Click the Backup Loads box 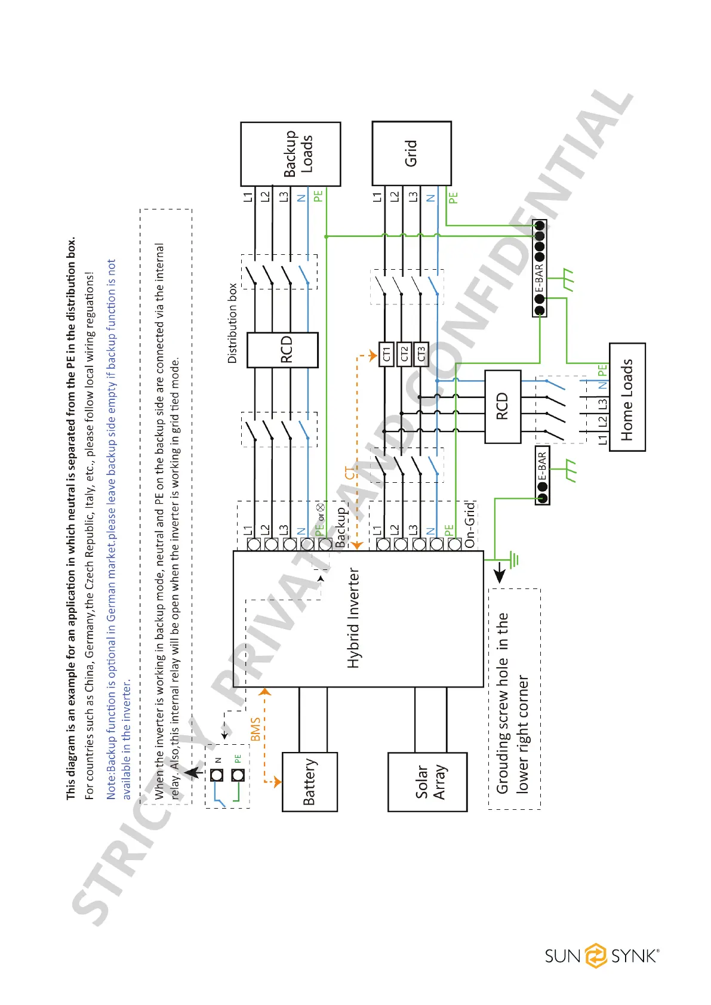291,154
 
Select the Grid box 411,153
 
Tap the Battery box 309,781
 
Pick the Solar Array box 427,782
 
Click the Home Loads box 627,397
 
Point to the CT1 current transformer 386,354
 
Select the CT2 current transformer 404,354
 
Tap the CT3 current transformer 421,354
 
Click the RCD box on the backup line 282,350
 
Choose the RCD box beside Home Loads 503,406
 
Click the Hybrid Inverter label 354,618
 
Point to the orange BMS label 256,729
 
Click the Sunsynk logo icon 595,955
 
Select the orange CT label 350,473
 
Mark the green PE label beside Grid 453,198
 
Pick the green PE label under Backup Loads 318,196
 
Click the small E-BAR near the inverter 542,476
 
